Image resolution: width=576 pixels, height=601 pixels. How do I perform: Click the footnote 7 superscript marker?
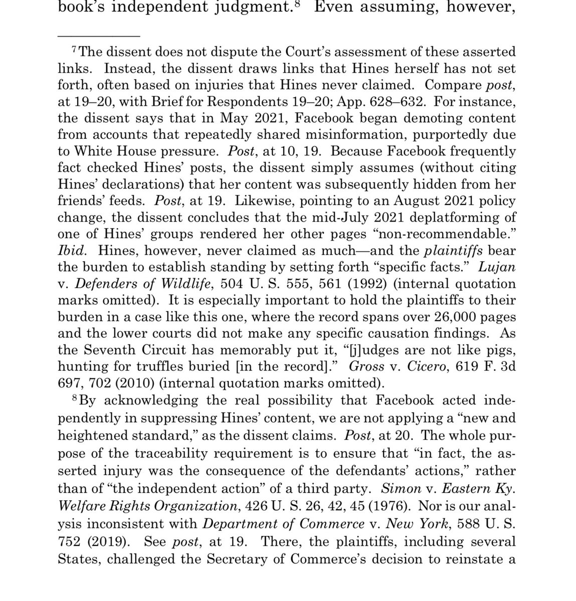75,50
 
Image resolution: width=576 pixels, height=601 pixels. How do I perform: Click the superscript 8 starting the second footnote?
75,399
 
